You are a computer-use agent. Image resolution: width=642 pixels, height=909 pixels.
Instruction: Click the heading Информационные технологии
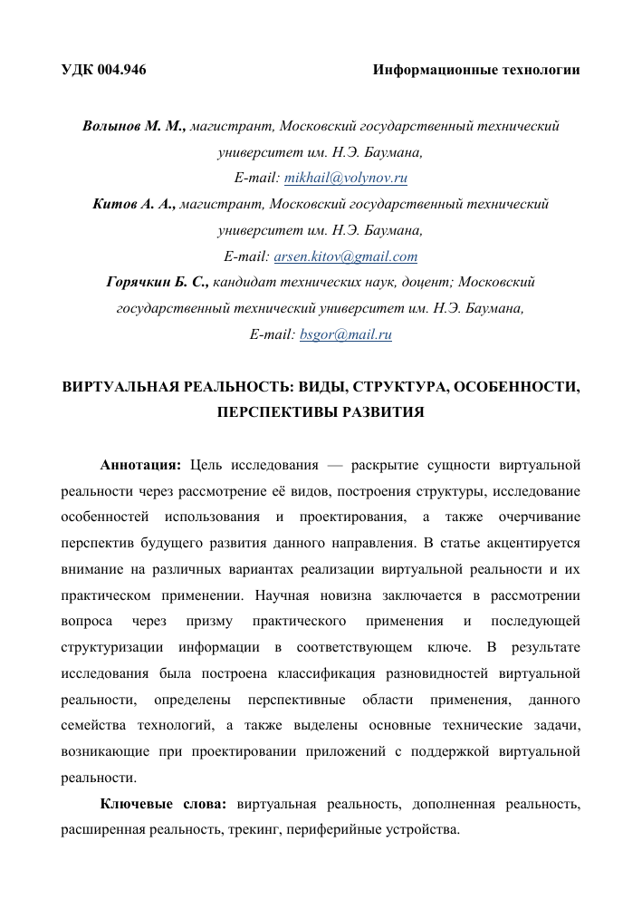(476, 69)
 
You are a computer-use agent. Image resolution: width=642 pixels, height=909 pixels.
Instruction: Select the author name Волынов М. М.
(134, 126)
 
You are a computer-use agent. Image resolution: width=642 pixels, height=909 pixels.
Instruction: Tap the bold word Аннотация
(140, 466)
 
